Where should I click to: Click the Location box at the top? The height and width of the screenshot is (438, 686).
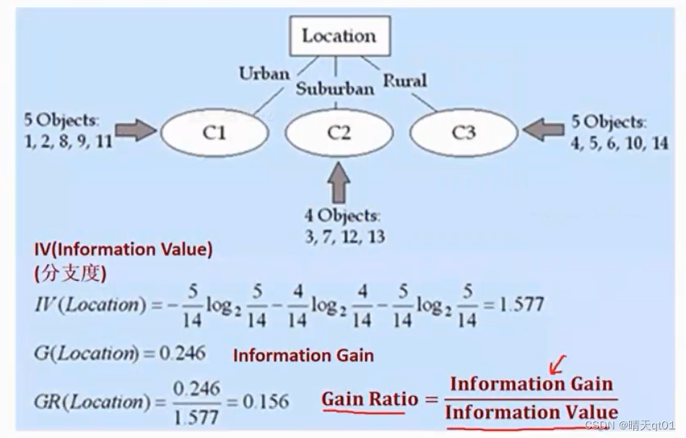pyautogui.click(x=338, y=35)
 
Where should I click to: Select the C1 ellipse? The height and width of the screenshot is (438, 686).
pyautogui.click(x=215, y=132)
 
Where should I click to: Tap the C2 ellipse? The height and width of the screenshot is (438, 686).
pyautogui.click(x=339, y=132)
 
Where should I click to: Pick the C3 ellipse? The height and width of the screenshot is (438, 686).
pyautogui.click(x=464, y=132)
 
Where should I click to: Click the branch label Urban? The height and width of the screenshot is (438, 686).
pyautogui.click(x=264, y=73)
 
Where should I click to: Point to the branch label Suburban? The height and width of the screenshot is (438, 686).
pyautogui.click(x=334, y=88)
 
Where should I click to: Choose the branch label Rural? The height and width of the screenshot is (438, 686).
pyautogui.click(x=404, y=80)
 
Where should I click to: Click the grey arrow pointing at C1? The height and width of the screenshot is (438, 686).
pyautogui.click(x=136, y=130)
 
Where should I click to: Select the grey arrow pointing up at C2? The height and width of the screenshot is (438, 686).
pyautogui.click(x=338, y=181)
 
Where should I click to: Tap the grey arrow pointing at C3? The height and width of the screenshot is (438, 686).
pyautogui.click(x=544, y=129)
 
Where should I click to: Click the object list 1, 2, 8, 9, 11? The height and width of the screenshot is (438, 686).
pyautogui.click(x=69, y=141)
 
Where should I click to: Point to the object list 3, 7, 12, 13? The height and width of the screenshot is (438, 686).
pyautogui.click(x=344, y=236)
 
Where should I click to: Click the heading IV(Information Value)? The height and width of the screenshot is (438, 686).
pyautogui.click(x=123, y=250)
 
